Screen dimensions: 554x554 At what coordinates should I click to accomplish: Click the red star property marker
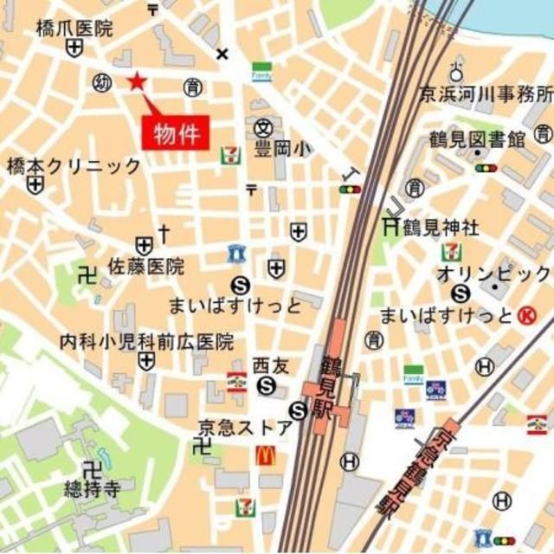[136, 82]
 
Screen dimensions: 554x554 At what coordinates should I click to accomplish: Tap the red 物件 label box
[177, 134]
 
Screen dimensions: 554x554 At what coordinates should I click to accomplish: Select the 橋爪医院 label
[74, 29]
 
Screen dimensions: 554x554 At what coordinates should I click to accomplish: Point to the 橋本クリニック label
[74, 165]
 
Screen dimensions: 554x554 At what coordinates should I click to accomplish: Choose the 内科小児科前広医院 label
[146, 342]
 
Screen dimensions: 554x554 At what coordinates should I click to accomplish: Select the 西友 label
[264, 364]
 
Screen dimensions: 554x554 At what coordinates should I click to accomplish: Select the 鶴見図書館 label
[477, 139]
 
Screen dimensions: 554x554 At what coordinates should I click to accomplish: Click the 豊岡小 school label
[281, 149]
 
